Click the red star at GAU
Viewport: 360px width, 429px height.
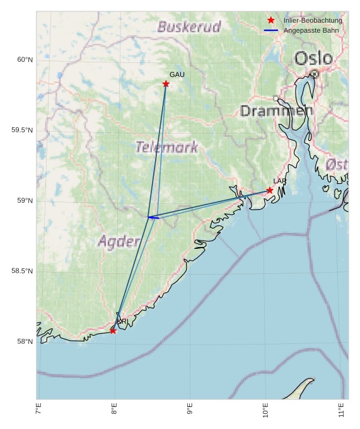tap(166, 84)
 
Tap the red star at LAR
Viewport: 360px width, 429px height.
tap(270, 190)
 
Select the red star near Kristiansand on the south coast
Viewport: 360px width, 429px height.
tap(113, 331)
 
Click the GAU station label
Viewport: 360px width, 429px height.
tap(177, 75)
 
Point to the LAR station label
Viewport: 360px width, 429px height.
tap(280, 181)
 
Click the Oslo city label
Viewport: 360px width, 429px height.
tap(313, 59)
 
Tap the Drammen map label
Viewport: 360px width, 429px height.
tap(276, 111)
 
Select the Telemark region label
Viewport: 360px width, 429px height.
tap(166, 147)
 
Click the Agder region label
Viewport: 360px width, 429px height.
tap(119, 241)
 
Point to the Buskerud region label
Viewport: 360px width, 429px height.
tap(189, 27)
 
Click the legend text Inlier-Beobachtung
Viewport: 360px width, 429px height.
tap(313, 20)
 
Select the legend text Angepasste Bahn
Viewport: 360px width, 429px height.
tap(311, 30)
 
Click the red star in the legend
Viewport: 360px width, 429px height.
tap(271, 20)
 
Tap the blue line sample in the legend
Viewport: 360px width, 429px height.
tap(271, 30)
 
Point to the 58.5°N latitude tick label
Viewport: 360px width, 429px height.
tap(22, 272)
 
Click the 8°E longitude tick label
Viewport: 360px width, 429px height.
tap(114, 409)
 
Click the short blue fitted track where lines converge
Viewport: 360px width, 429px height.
tap(153, 217)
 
